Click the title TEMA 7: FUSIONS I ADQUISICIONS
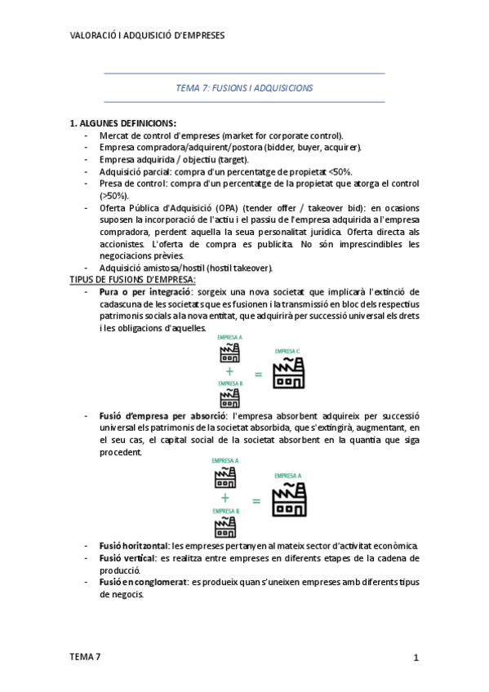(244, 87)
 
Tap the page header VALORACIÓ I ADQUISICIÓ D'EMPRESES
(148, 36)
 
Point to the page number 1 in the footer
(416, 657)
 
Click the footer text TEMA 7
(86, 656)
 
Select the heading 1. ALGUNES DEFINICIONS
(122, 123)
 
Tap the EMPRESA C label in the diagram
(287, 351)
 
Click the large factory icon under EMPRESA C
(287, 372)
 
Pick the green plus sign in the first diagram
(229, 370)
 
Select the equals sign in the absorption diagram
(256, 500)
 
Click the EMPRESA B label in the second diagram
(225, 511)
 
